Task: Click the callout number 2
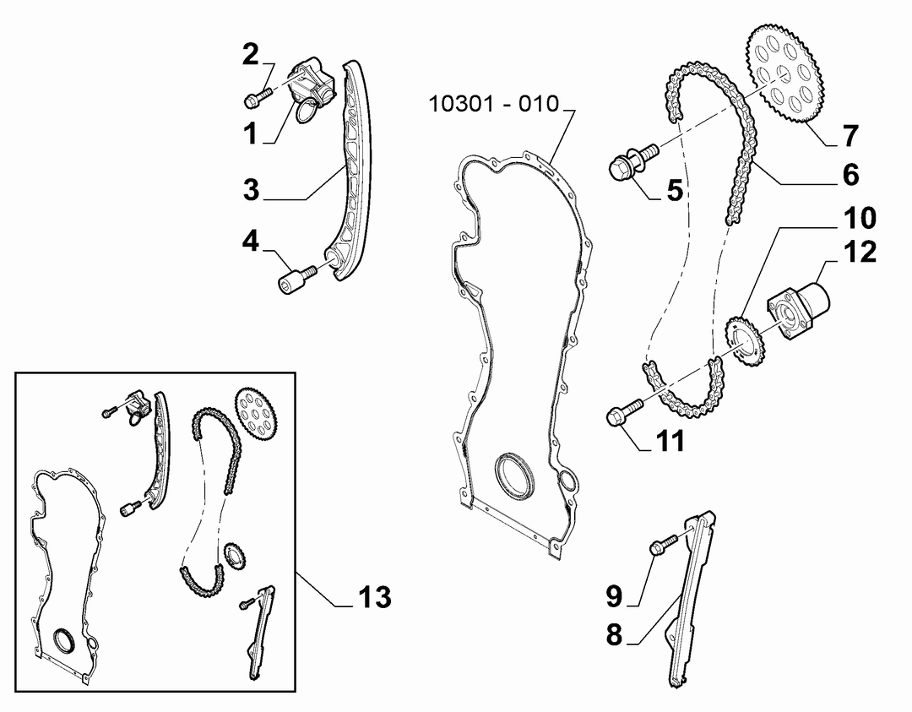(x=250, y=55)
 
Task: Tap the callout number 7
(x=850, y=136)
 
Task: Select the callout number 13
(x=375, y=597)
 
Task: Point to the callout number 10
(x=860, y=218)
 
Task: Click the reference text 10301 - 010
(x=493, y=104)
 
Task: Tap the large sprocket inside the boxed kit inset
(x=257, y=416)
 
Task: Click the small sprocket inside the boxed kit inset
(x=234, y=557)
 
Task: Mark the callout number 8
(x=614, y=634)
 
